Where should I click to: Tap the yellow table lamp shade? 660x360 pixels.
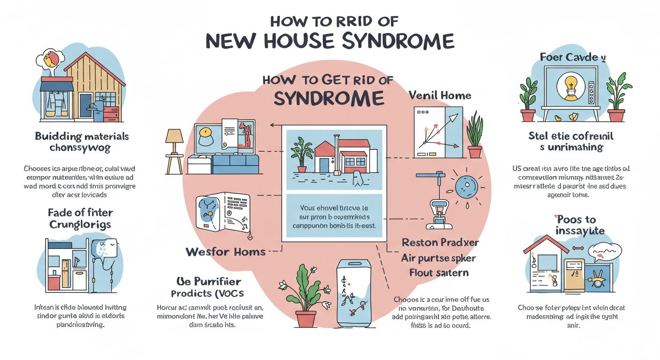(x=174, y=136)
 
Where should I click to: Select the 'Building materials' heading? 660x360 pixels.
(x=82, y=136)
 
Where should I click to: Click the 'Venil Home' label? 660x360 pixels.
(x=439, y=96)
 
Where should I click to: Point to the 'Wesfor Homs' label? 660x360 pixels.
(x=225, y=251)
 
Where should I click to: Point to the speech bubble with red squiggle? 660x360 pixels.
(x=604, y=252)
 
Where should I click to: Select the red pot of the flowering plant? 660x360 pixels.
(x=306, y=319)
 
